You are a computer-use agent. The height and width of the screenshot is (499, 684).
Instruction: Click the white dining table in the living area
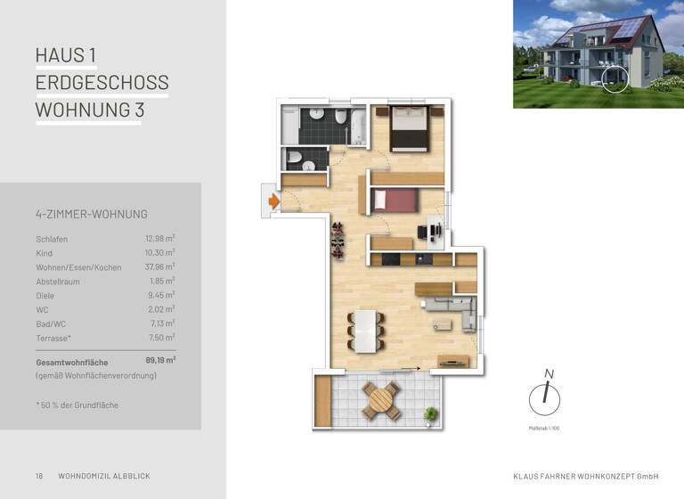pyautogui.click(x=366, y=331)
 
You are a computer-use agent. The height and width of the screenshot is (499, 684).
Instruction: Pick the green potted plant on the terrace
pyautogui.click(x=432, y=413)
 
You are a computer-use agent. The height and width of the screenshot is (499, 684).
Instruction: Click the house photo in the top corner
pyautogui.click(x=598, y=54)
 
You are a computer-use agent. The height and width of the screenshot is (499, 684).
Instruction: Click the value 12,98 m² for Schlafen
pyautogui.click(x=160, y=239)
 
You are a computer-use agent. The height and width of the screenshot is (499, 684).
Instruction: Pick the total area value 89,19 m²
pyautogui.click(x=160, y=361)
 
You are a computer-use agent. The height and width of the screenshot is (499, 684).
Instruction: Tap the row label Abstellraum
pyautogui.click(x=58, y=282)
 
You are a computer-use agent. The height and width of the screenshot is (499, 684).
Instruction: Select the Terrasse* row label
pyautogui.click(x=54, y=338)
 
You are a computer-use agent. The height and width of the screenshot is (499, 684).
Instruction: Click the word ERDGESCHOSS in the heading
pyautogui.click(x=102, y=83)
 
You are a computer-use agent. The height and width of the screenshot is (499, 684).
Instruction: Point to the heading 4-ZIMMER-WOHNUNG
pyautogui.click(x=92, y=214)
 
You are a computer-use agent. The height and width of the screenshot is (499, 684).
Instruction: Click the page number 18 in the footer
pyautogui.click(x=39, y=476)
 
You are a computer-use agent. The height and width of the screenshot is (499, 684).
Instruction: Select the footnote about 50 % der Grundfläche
pyautogui.click(x=77, y=405)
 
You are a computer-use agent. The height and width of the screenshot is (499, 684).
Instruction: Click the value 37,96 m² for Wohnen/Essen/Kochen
pyautogui.click(x=160, y=267)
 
